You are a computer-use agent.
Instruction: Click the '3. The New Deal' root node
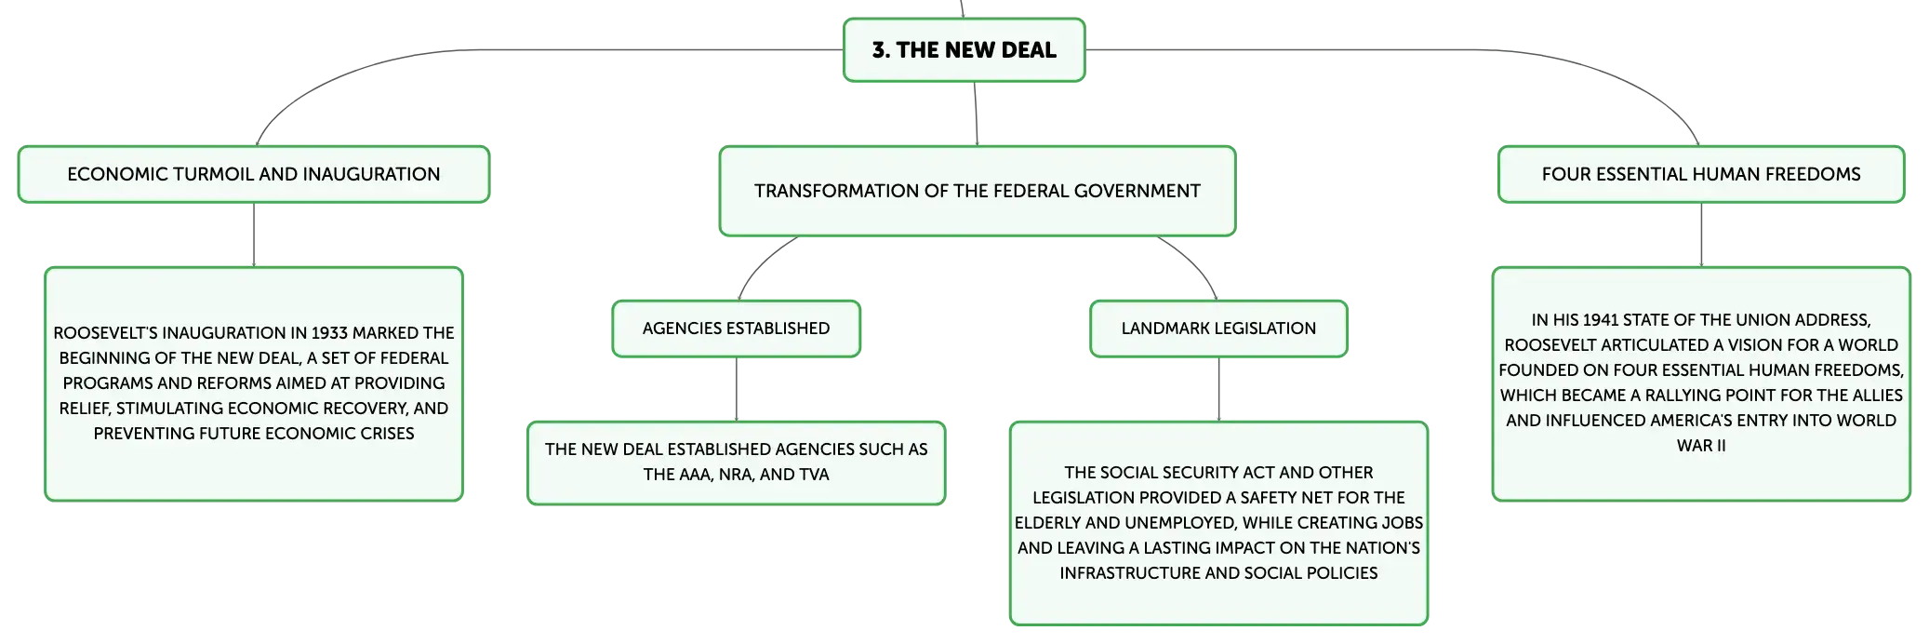[x=964, y=50]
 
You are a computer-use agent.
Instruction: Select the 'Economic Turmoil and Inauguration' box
[x=254, y=174]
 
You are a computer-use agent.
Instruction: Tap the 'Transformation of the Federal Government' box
[x=978, y=191]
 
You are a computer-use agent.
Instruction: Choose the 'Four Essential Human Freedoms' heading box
[x=1701, y=174]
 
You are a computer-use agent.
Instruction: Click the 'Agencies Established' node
[x=737, y=329]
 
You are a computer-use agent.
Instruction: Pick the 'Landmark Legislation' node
[x=1218, y=329]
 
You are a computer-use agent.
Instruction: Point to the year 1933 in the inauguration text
[x=330, y=333]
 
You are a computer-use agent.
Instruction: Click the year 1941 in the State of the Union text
[x=1601, y=320]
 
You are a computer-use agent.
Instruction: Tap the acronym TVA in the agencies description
[x=814, y=475]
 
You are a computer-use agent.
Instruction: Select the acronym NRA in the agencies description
[x=735, y=475]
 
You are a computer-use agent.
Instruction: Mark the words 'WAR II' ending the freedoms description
[x=1701, y=446]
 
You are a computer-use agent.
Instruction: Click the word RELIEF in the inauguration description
[x=84, y=409]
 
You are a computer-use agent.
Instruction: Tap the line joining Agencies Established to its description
[x=737, y=389]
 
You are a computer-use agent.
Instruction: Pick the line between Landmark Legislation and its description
[x=1218, y=389]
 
